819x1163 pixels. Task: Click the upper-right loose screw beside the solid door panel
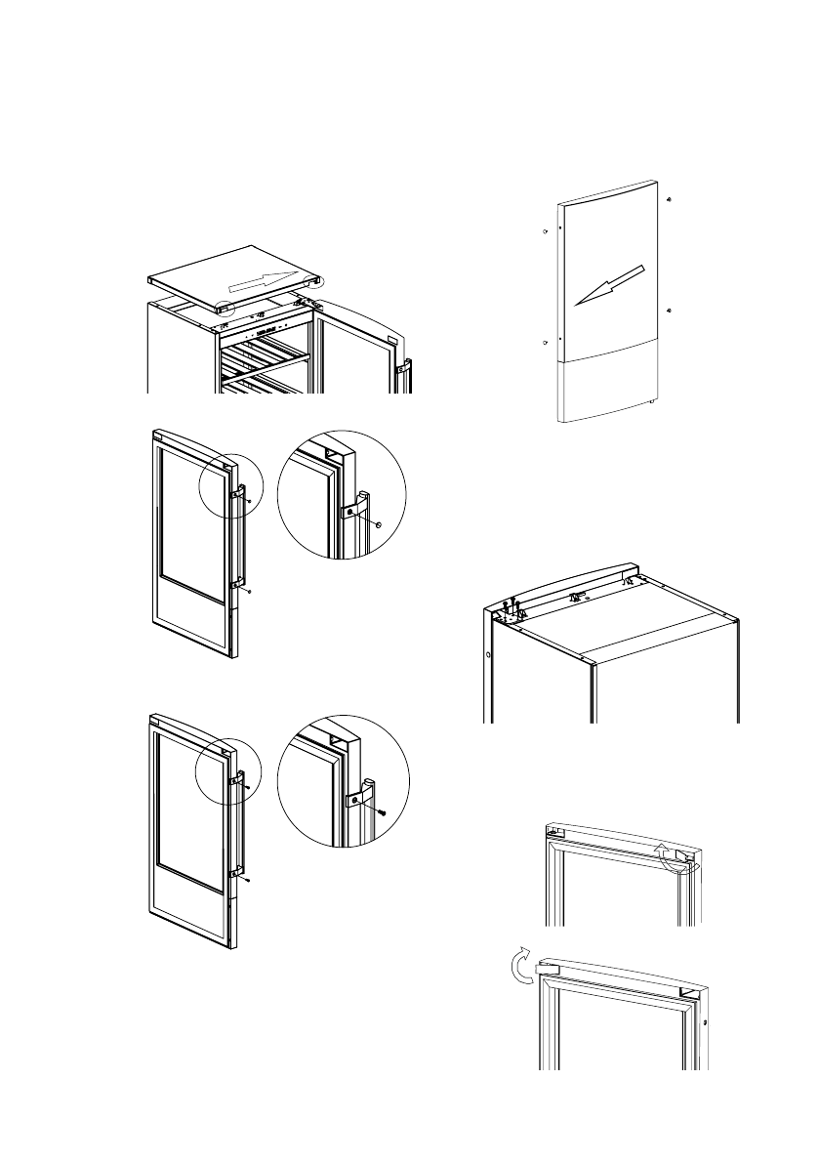click(669, 199)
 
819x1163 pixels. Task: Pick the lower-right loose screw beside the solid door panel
click(669, 310)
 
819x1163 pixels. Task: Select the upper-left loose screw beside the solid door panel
click(543, 232)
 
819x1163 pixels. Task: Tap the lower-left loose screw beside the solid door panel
click(543, 344)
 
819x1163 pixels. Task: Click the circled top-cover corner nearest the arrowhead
click(312, 280)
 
